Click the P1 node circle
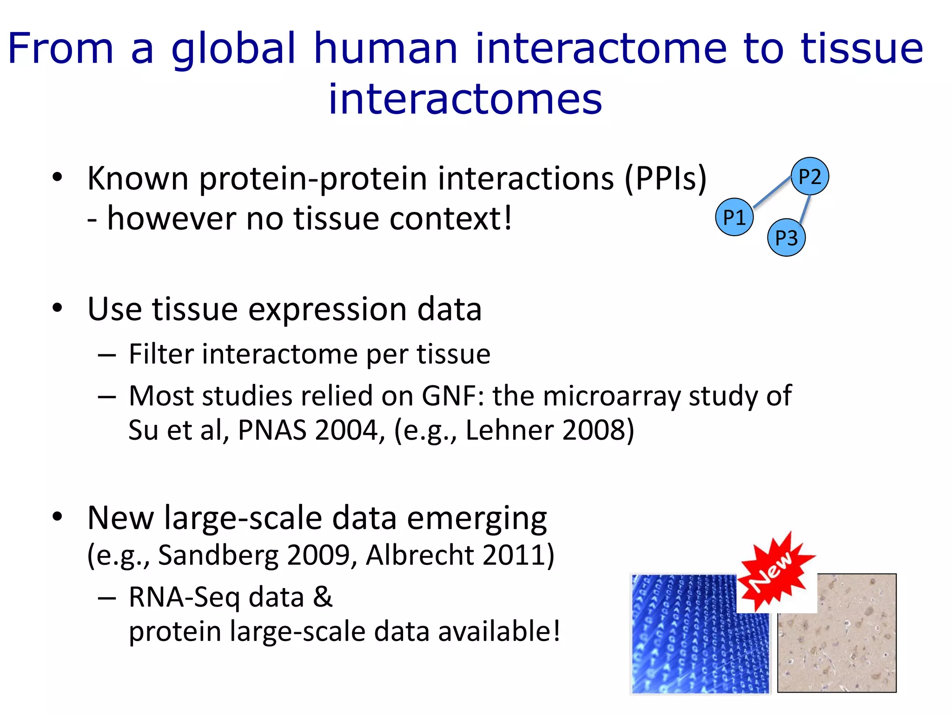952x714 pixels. [x=734, y=217]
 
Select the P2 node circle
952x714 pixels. [x=810, y=176]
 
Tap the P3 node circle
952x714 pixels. [x=786, y=238]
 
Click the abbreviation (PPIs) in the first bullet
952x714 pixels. [x=665, y=178]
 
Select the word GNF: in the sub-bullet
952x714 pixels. [x=453, y=396]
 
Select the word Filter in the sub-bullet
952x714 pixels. [x=161, y=354]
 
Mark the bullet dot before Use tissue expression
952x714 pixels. [x=57, y=308]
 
